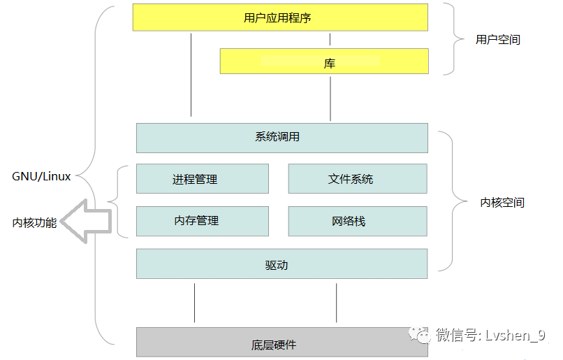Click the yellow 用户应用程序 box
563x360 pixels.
pyautogui.click(x=280, y=17)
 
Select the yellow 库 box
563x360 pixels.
pyautogui.click(x=324, y=61)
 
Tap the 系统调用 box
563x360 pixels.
pyautogui.click(x=282, y=138)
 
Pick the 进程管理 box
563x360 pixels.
pyautogui.click(x=202, y=178)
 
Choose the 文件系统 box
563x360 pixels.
pyautogui.click(x=358, y=178)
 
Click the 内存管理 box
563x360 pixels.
pyautogui.click(x=202, y=221)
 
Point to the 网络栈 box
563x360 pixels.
pyautogui.click(x=358, y=221)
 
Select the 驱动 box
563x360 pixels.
pyautogui.click(x=282, y=264)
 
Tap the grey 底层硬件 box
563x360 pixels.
pyautogui.click(x=282, y=342)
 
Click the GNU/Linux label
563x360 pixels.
pyautogui.click(x=41, y=176)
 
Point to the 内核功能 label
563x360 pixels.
pyautogui.click(x=34, y=223)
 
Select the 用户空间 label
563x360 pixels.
pyautogui.click(x=498, y=40)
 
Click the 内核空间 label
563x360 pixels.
pyautogui.click(x=502, y=203)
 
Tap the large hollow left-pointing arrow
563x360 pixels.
pyautogui.click(x=85, y=221)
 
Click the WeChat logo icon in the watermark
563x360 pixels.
pyautogui.click(x=419, y=335)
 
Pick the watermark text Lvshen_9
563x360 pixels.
pyautogui.click(x=516, y=336)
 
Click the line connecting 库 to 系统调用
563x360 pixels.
pyautogui.click(x=330, y=99)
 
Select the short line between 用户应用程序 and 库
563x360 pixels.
pyautogui.click(x=330, y=40)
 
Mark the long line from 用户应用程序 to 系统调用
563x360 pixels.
pyautogui.click(x=191, y=75)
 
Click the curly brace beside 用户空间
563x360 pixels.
pyautogui.click(x=454, y=39)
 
